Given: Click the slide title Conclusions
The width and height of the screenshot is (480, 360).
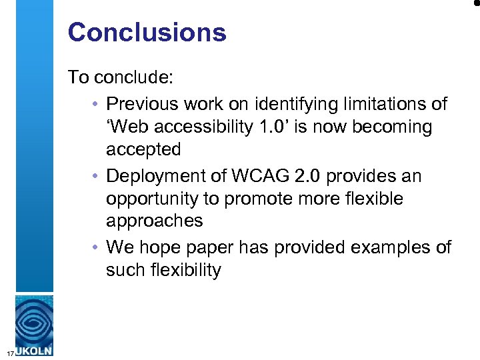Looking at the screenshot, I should (x=147, y=32).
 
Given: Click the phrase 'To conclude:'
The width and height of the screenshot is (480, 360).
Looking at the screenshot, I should (x=121, y=77).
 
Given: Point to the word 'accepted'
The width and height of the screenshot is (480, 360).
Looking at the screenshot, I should (x=143, y=149).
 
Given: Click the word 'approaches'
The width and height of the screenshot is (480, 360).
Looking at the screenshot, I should (x=153, y=221).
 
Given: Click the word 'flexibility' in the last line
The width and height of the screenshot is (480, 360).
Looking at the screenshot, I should (x=179, y=270).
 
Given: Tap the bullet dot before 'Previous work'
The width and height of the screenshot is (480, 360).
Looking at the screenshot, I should (x=97, y=105).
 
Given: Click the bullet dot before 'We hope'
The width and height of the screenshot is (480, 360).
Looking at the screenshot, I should (x=97, y=247).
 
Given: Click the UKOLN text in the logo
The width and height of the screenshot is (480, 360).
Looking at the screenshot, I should (x=33, y=351).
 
